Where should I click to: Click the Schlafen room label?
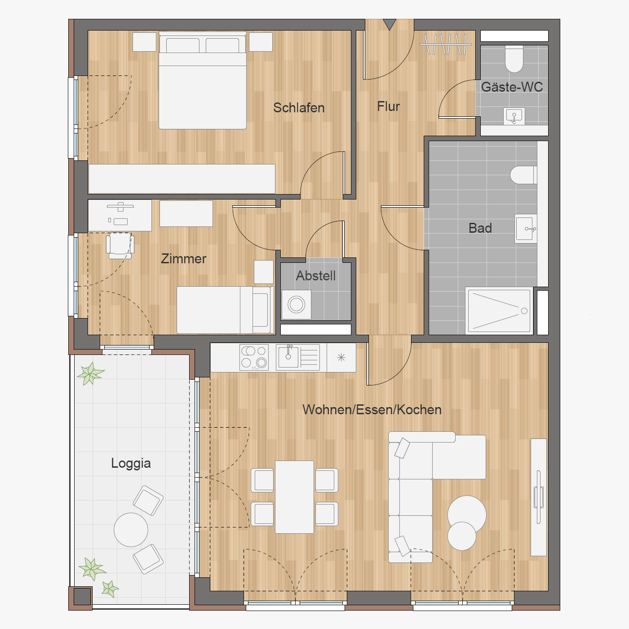[299, 108]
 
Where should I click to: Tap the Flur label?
[389, 106]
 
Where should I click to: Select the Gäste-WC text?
[512, 87]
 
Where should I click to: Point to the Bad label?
[480, 228]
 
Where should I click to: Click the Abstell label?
[316, 276]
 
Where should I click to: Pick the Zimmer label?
[183, 259]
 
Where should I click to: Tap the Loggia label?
[131, 464]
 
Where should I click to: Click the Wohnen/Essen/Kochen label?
[372, 410]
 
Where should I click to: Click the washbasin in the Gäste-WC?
[514, 116]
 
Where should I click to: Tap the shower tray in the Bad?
[499, 311]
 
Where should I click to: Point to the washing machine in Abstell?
[297, 305]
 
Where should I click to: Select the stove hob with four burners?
[254, 358]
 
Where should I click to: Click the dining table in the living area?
[294, 497]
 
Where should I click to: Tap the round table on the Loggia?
[131, 529]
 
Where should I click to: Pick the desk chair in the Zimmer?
[120, 245]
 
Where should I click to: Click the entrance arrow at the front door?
[390, 24]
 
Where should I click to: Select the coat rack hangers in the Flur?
[445, 44]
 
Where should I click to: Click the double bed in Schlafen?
[202, 80]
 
